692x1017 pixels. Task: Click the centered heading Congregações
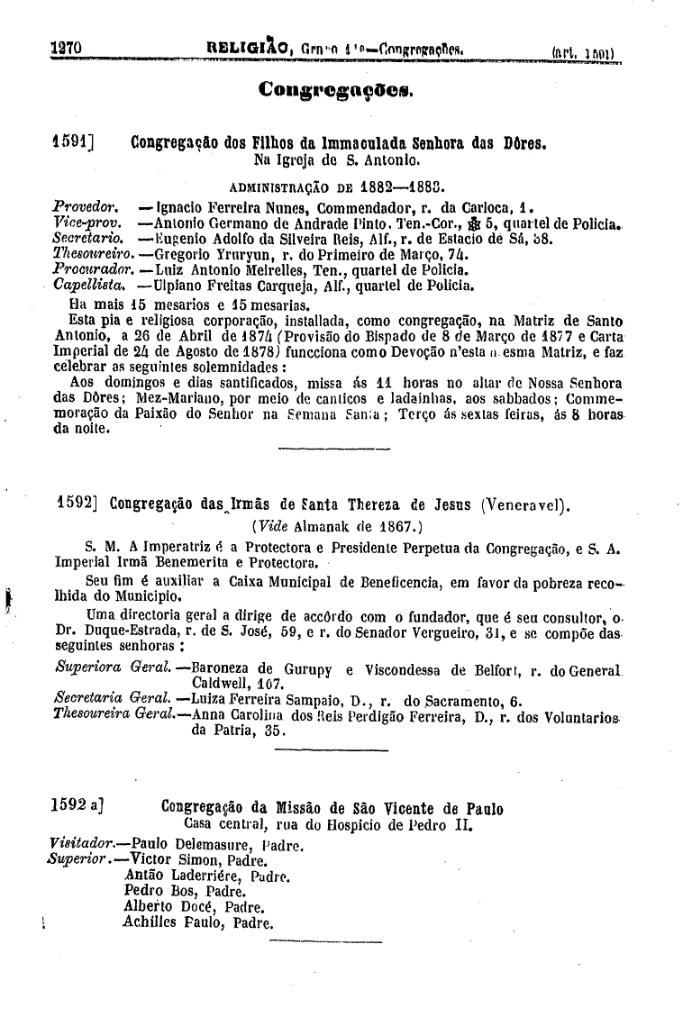click(335, 89)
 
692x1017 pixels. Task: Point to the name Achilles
click(150, 922)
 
